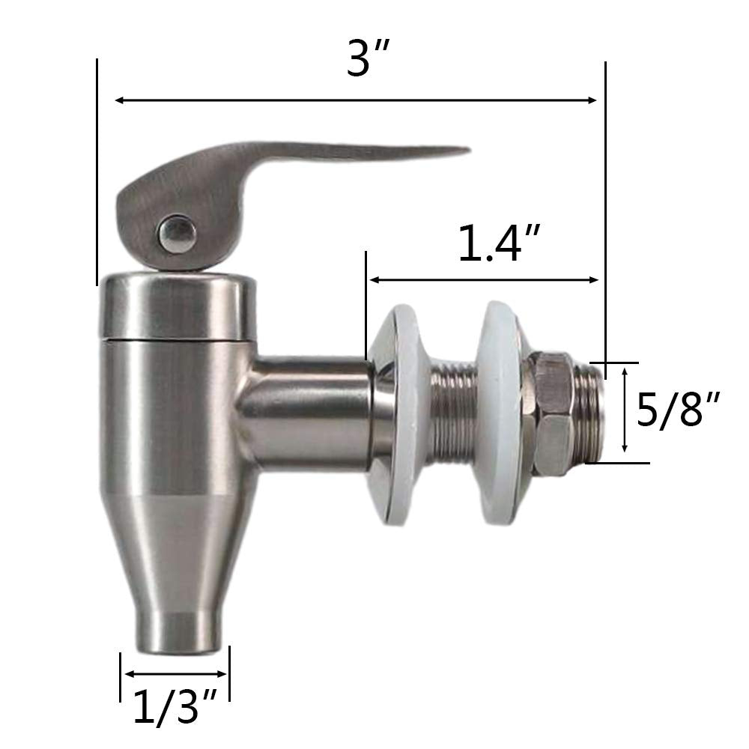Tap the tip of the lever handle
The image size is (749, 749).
[464, 152]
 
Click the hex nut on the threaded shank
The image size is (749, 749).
[554, 411]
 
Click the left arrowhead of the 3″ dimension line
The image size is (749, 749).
[118, 100]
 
